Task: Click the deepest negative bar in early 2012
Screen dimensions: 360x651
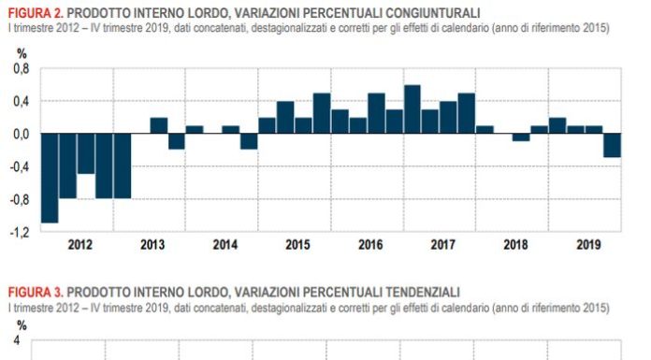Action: pos(50,178)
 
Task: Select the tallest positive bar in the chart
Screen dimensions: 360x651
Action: pos(412,109)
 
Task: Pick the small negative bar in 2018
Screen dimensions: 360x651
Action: pos(521,137)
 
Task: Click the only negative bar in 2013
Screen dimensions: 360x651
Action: pos(177,141)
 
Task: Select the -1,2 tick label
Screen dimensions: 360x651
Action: pos(18,231)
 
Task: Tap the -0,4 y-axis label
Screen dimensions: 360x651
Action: pos(18,166)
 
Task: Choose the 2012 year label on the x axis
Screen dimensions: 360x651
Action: pos(80,245)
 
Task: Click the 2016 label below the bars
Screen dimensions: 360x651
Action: pos(369,245)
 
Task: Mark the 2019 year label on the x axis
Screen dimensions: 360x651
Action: pos(587,245)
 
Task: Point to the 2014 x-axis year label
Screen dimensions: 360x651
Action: pos(224,245)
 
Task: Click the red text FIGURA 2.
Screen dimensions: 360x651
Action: pos(36,12)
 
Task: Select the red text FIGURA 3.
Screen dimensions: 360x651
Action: pos(36,292)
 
